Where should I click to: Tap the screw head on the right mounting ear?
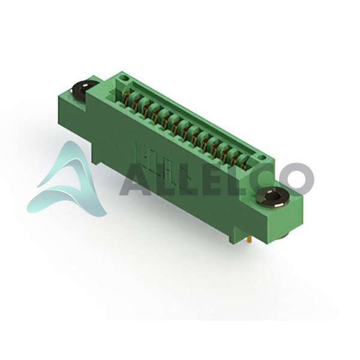pyautogui.click(x=272, y=197)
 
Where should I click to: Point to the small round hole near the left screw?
pyautogui.click(x=125, y=78)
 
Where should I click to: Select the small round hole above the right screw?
pyautogui.click(x=260, y=158)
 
